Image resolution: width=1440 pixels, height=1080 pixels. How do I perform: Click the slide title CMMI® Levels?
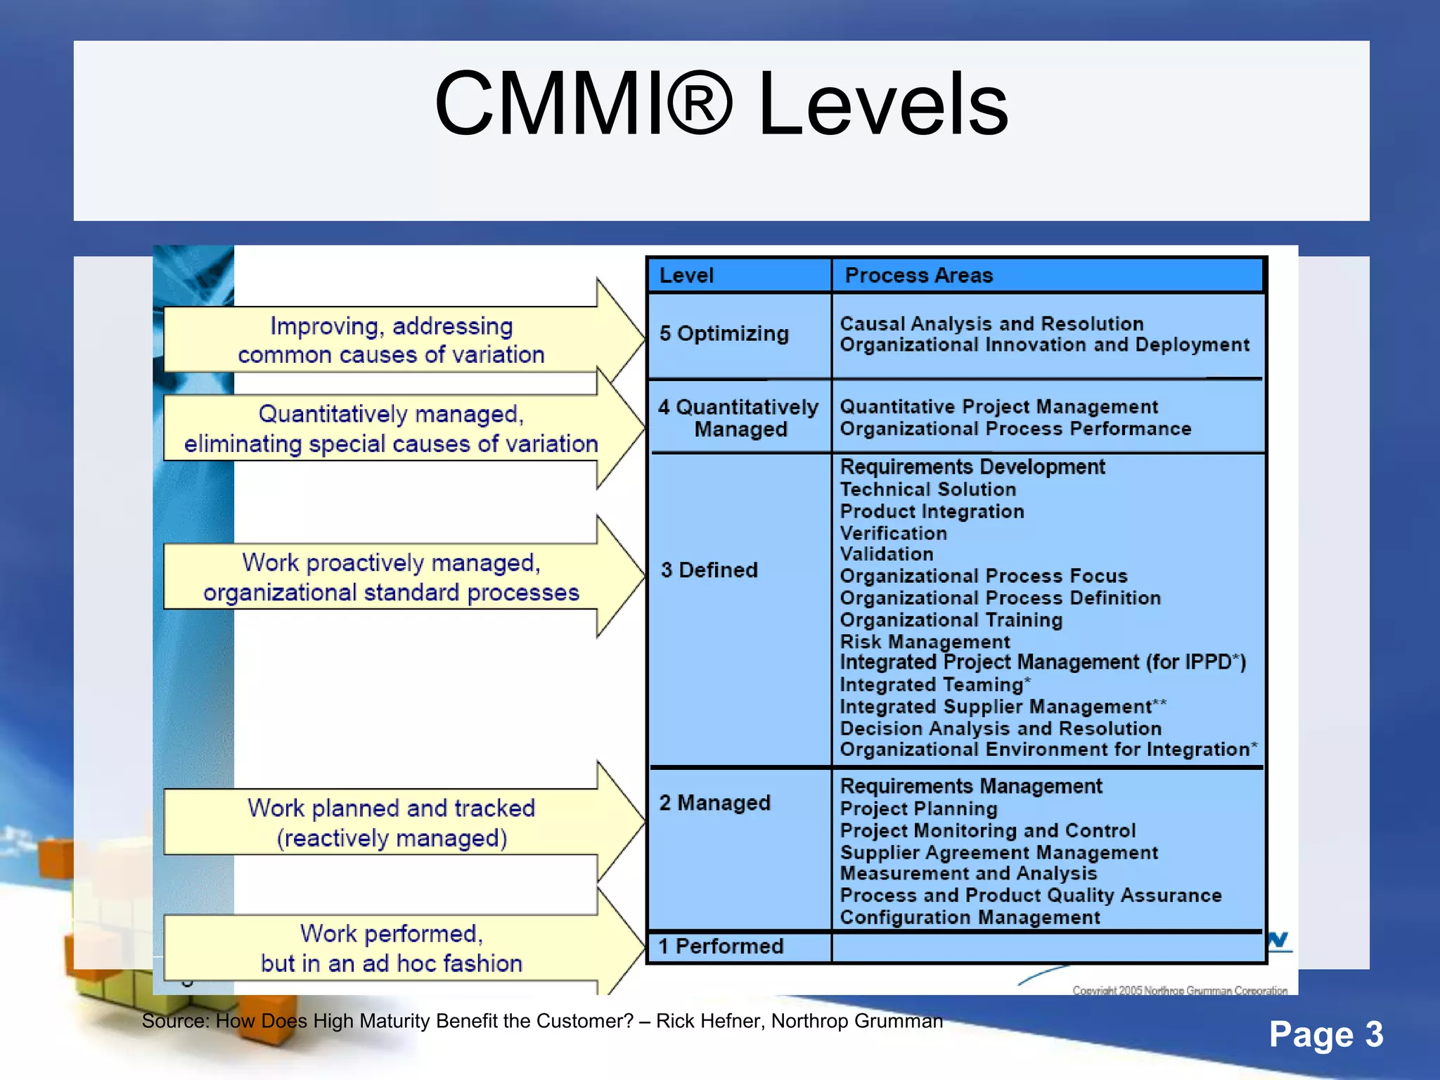[721, 104]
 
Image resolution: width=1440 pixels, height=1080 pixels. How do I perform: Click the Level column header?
[686, 276]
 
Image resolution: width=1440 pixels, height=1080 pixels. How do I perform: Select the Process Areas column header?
[918, 276]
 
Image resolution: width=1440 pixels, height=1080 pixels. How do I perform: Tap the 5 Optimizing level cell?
[724, 333]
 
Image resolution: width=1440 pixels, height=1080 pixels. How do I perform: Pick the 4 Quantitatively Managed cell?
[738, 418]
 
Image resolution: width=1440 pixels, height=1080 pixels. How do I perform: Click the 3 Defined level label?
[709, 570]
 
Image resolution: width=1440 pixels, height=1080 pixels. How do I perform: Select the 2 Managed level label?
[714, 803]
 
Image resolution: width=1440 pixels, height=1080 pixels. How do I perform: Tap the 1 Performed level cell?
[721, 946]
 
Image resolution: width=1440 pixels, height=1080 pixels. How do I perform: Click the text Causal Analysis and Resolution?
[991, 324]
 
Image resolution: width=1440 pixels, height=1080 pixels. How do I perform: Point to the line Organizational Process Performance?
[1015, 429]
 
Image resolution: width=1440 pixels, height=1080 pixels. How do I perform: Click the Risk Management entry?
[925, 642]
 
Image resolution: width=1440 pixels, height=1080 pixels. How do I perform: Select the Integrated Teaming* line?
[934, 685]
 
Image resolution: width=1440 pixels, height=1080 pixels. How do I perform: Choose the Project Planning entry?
[918, 809]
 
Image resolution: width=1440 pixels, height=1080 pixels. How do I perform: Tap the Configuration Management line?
[970, 918]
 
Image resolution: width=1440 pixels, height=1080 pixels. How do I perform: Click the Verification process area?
[893, 534]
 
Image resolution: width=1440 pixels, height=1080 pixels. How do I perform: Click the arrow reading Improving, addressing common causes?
[391, 340]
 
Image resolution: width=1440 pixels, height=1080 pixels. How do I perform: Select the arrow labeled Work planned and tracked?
[391, 823]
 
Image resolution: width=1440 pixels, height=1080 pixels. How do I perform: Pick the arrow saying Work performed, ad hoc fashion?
[391, 948]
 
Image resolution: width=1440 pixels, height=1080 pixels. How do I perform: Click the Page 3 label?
[1325, 1034]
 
